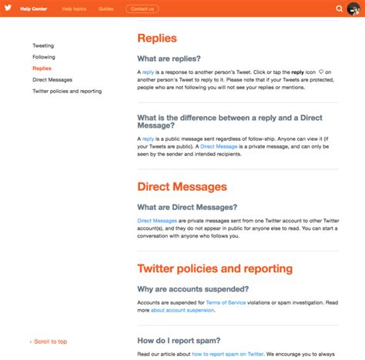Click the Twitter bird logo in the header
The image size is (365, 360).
[8, 8]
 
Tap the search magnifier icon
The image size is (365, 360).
[340, 8]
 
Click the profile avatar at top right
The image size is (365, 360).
[356, 8]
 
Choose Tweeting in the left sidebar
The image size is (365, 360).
[43, 45]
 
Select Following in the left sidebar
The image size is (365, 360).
[43, 57]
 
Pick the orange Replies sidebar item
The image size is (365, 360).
[42, 68]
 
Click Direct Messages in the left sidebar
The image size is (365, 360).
[52, 79]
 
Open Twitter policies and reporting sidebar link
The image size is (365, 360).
[67, 91]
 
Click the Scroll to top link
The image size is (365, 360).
[49, 342]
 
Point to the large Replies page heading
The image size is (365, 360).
[157, 38]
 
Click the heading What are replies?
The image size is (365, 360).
[169, 58]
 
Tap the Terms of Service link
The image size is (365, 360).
[227, 303]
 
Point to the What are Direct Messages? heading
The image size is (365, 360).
[187, 207]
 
